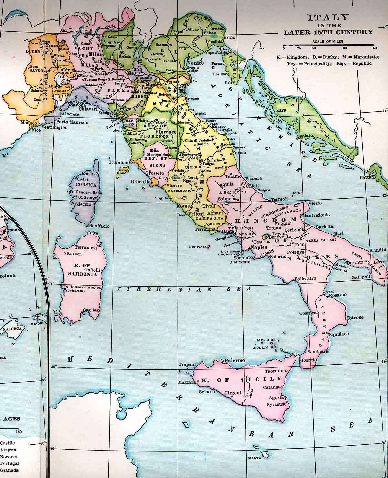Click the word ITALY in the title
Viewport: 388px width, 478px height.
click(x=328, y=17)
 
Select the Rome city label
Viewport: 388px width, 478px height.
click(x=183, y=206)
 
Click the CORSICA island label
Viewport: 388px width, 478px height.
click(x=86, y=185)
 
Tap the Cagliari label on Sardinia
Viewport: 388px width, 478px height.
click(x=92, y=310)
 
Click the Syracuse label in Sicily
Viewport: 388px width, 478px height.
click(x=276, y=404)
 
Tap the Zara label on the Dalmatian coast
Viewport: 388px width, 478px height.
click(x=281, y=110)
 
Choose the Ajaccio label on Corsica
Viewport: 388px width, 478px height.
click(x=82, y=204)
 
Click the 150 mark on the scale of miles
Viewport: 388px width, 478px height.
click(x=374, y=48)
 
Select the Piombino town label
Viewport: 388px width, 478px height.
click(x=119, y=162)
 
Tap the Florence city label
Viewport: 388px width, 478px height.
click(x=166, y=132)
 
